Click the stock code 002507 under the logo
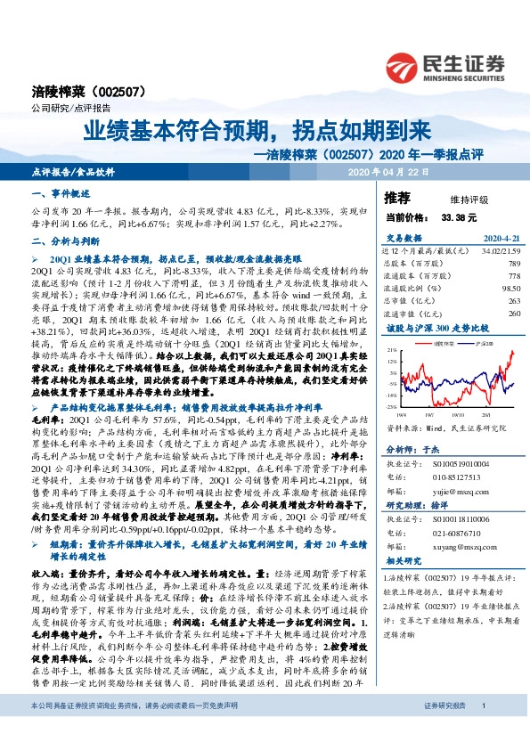(x=110, y=92)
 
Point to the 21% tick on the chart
(x=393, y=351)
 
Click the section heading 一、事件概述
(x=55, y=193)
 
